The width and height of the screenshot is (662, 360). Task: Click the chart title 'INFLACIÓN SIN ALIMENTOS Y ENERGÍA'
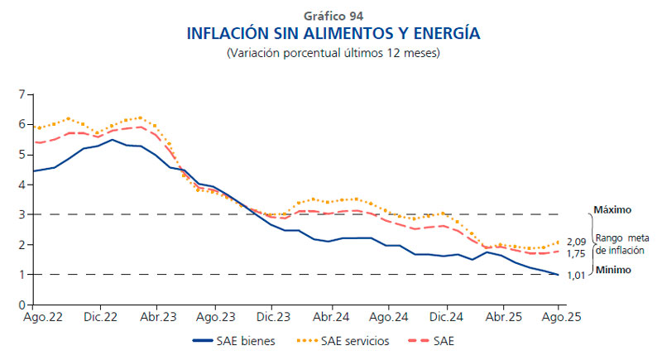[333, 35]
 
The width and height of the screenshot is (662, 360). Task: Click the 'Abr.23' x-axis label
[157, 317]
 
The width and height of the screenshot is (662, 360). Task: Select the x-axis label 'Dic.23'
[272, 317]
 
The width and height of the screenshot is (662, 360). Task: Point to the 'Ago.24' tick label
[388, 317]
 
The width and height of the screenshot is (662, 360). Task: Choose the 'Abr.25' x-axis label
[502, 317]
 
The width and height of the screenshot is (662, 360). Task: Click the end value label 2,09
[577, 242]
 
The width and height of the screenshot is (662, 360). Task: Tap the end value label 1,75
[577, 253]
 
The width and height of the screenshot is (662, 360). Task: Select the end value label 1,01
[577, 276]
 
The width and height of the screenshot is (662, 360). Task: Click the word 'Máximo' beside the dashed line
[612, 210]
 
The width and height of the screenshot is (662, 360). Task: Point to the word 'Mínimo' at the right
[612, 270]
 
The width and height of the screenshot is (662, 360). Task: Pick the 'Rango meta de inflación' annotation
[625, 244]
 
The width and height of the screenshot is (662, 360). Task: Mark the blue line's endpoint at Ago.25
[559, 275]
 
